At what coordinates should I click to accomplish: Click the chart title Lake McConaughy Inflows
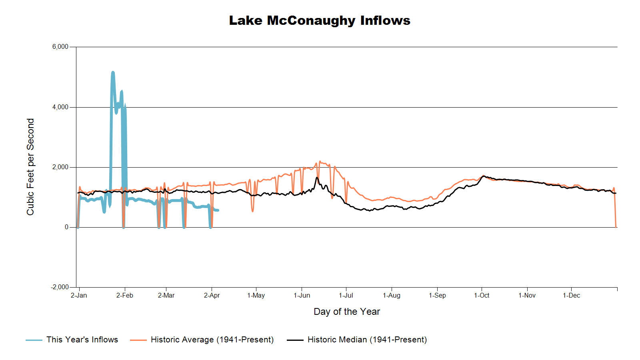pos(320,20)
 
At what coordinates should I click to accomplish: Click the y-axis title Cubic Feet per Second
pos(30,167)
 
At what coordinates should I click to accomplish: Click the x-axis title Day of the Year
pos(346,312)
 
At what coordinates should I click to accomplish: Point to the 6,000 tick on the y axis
pos(60,47)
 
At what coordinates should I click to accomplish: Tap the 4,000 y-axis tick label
pos(60,107)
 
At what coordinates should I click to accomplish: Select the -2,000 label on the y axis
pos(60,287)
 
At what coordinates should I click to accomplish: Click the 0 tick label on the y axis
pos(66,227)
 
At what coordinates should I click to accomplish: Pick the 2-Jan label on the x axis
pos(79,296)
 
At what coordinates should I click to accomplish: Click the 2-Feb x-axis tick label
pos(125,296)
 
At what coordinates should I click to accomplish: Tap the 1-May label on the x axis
pos(256,296)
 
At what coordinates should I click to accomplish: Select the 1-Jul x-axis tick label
pos(346,296)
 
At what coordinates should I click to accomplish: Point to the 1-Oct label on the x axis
pos(482,296)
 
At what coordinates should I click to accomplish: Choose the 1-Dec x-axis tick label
pos(571,296)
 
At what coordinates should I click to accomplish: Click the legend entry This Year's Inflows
pos(82,340)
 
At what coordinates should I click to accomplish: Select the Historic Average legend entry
pos(212,340)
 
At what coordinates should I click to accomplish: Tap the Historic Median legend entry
pos(367,340)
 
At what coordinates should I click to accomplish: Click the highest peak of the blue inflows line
pos(113,72)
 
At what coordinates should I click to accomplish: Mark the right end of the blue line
pos(218,210)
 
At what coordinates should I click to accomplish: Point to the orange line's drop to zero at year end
pos(616,226)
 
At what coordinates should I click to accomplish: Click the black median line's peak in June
pos(317,178)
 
